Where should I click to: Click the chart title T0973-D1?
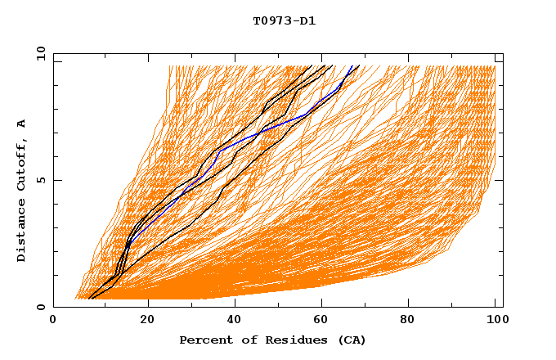pyautogui.click(x=284, y=21)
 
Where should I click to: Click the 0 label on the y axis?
pyautogui.click(x=40, y=307)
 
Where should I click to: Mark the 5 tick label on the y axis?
pyautogui.click(x=40, y=180)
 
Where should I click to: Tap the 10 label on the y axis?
pyautogui.click(x=40, y=54)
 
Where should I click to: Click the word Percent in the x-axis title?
pyautogui.click(x=204, y=340)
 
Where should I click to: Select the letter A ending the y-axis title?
pyautogui.click(x=22, y=123)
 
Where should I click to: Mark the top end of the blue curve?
pyautogui.click(x=352, y=66)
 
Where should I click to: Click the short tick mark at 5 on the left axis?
pyautogui.click(x=56, y=180)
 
